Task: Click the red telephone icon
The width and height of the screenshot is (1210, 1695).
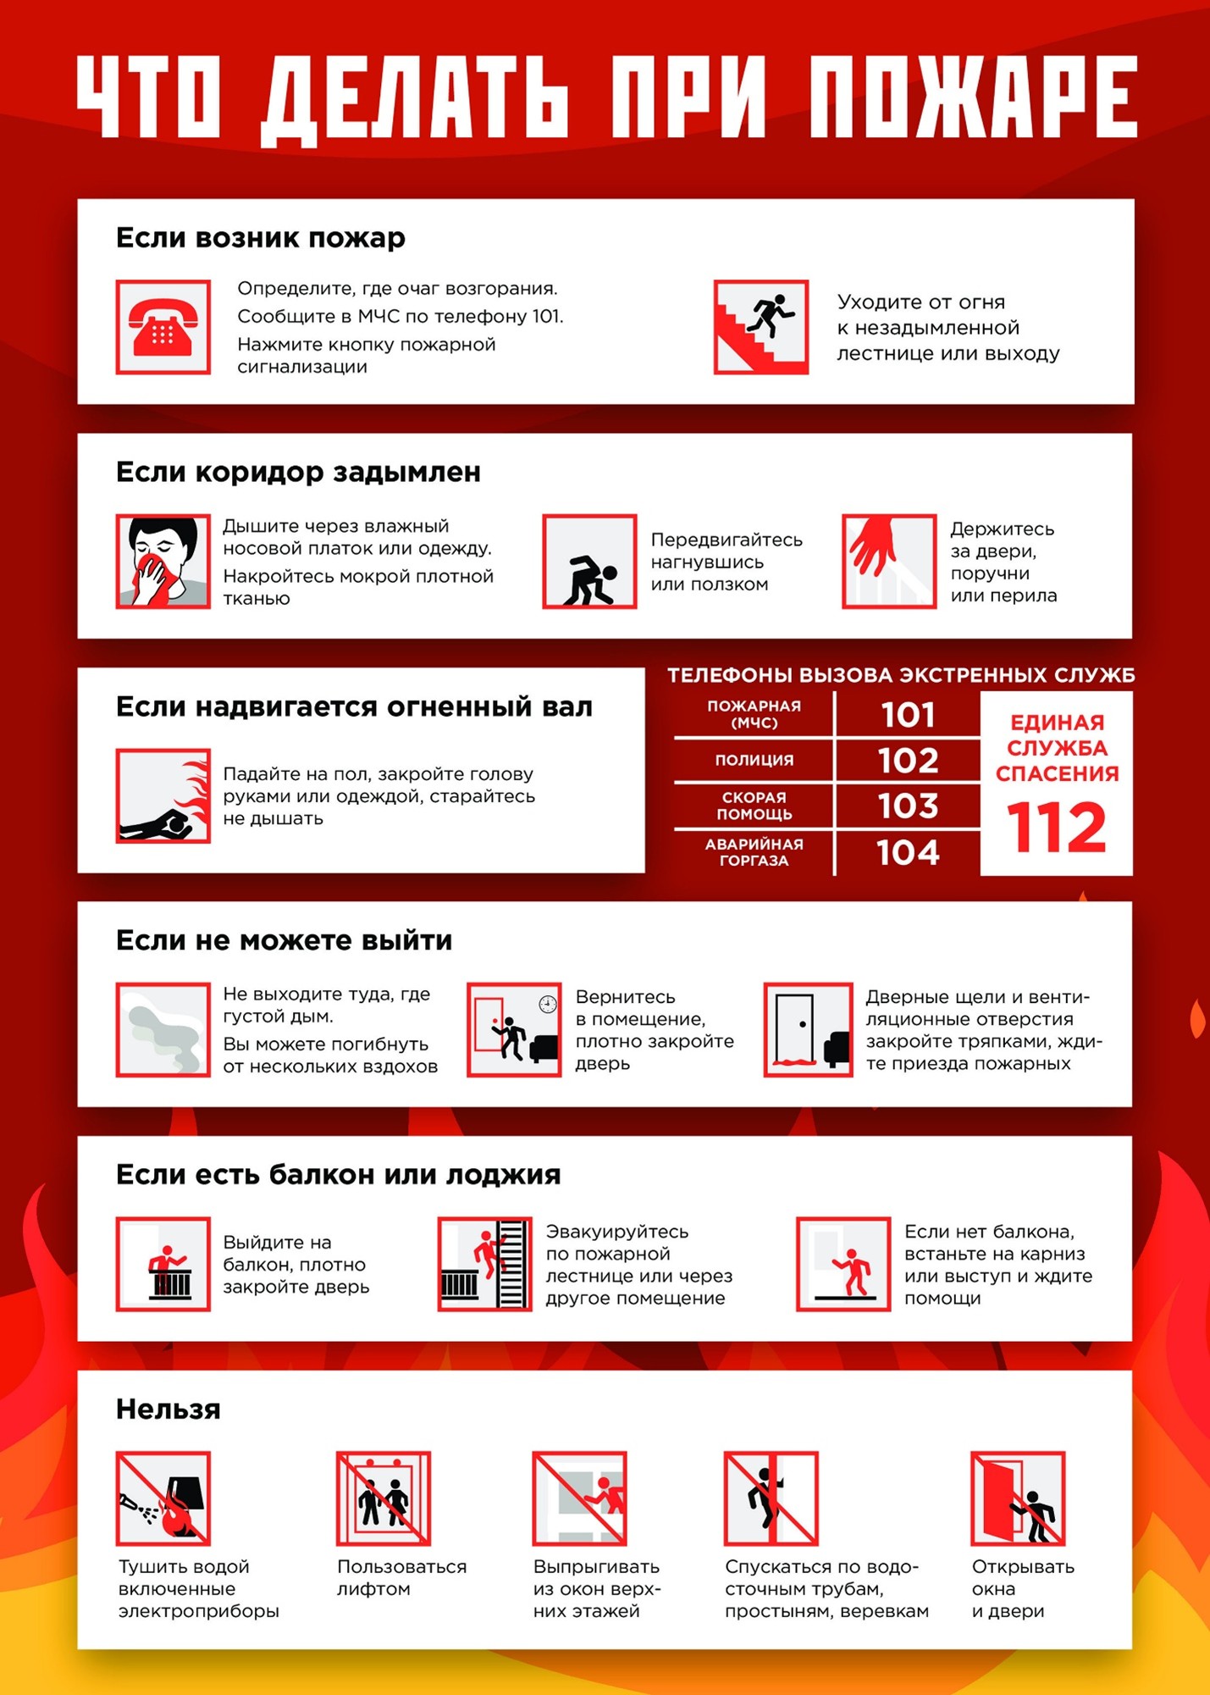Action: point(163,327)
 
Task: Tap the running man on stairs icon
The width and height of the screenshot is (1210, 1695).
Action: point(760,327)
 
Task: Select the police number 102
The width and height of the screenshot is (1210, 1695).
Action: point(908,760)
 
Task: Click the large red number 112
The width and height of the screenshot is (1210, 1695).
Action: point(1056,828)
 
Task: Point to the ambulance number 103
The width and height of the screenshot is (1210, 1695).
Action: point(908,806)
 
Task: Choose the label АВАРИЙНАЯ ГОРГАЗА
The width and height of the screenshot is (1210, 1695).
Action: point(754,852)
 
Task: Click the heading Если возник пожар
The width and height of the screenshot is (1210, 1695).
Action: point(260,238)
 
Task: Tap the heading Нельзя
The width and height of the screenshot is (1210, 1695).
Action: point(168,1410)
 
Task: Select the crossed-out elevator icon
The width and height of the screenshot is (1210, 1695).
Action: point(384,1498)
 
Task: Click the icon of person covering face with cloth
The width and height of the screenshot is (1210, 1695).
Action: point(163,561)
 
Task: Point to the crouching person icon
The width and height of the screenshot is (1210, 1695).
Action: point(589,561)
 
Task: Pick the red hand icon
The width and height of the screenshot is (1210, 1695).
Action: point(888,561)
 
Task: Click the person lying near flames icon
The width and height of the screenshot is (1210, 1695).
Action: point(163,795)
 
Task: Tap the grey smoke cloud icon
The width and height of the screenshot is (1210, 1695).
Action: point(163,1029)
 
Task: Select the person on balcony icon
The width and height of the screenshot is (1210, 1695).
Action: point(163,1264)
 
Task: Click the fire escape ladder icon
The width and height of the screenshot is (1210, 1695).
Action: point(485,1264)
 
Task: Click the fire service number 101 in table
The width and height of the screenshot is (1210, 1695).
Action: point(908,715)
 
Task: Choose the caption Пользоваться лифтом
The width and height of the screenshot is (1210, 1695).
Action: point(401,1577)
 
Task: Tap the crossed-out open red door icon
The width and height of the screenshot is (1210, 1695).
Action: point(1017,1498)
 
